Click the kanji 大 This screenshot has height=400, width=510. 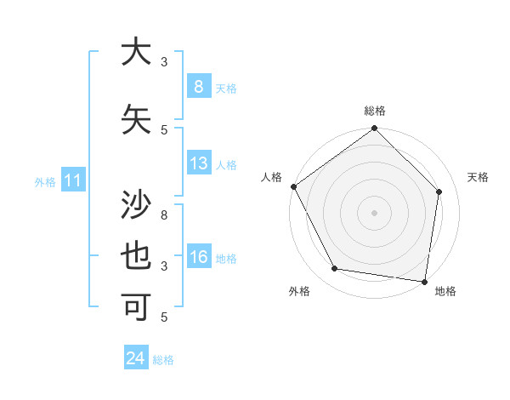click(x=135, y=52)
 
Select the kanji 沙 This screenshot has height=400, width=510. click(x=135, y=205)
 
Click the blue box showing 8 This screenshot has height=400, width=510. click(x=198, y=87)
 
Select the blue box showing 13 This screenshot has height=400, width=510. click(x=198, y=163)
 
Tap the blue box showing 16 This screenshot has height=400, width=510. click(x=198, y=257)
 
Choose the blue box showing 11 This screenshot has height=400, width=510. click(x=72, y=180)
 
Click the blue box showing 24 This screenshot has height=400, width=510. click(x=135, y=358)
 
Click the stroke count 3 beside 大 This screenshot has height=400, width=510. click(x=165, y=62)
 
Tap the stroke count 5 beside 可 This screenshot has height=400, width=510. click(x=165, y=317)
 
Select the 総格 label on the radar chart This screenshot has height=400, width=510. click(x=375, y=111)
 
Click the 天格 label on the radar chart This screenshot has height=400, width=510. click(x=479, y=177)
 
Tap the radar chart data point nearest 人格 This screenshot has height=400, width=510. click(x=293, y=186)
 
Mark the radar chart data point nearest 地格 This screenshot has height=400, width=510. click(x=424, y=281)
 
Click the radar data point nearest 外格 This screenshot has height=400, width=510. click(x=335, y=269)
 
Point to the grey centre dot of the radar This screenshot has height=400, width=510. click(x=374, y=213)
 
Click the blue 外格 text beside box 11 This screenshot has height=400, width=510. click(x=45, y=181)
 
